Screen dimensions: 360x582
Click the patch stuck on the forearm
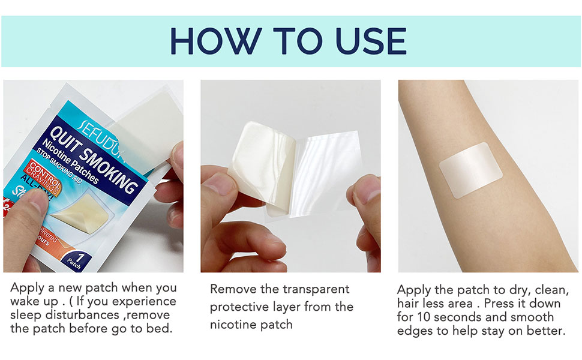[470, 169]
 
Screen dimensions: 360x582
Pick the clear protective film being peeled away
[330, 171]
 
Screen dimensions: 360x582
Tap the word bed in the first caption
[158, 329]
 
